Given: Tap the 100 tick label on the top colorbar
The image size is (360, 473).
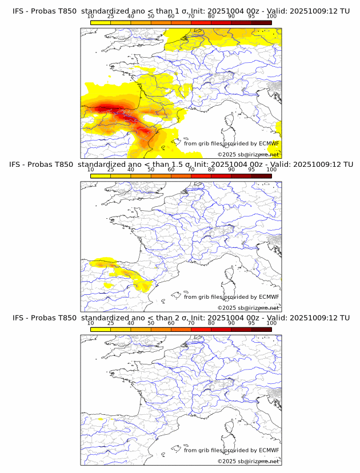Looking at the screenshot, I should point(271,16).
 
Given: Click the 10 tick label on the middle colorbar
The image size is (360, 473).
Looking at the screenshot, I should point(91,170).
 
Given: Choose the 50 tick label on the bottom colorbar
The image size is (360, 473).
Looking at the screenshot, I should point(151,323).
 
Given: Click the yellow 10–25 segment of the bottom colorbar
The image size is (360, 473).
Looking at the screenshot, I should point(101,328).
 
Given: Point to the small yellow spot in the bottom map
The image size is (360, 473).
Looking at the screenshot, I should point(101,419).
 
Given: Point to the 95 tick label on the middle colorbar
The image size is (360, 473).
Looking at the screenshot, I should point(251,170).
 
